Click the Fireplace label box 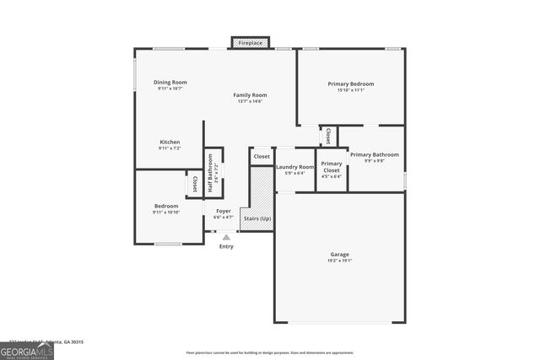pos(251,42)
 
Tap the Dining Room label pos(169,82)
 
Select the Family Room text pos(250,95)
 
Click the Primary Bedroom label pos(351,84)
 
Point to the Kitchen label pos(170,142)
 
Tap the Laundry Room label pos(294,167)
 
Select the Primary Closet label pos(332,167)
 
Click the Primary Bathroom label pos(374,154)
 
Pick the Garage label pos(340,255)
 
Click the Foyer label pos(224,211)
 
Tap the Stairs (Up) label pos(257,218)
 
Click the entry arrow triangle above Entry pos(226,238)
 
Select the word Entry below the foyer pos(226,246)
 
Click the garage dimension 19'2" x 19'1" pos(340,261)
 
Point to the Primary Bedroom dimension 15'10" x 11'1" pos(351,91)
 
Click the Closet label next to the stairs pos(262,156)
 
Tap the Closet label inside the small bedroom pos(195,183)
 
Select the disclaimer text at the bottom pos(270,353)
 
